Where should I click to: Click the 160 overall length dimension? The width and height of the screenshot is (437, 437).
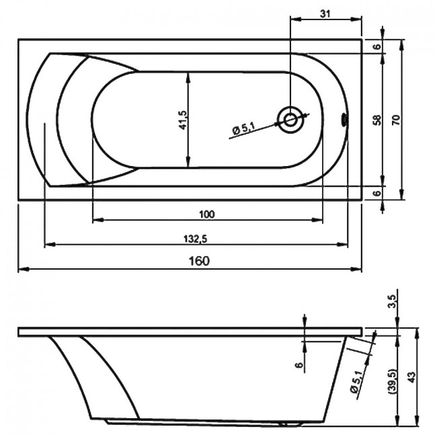tap(199, 261)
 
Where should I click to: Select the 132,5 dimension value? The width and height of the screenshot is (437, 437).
tap(196, 239)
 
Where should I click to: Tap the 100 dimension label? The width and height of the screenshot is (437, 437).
tap(207, 214)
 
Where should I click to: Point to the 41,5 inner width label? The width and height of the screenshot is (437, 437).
tap(183, 120)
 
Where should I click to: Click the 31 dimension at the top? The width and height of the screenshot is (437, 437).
tap(325, 13)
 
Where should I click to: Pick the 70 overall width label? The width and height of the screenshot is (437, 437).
tap(396, 120)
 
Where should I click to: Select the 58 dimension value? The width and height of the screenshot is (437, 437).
tap(377, 120)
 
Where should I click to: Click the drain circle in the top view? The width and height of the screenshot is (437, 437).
tap(291, 120)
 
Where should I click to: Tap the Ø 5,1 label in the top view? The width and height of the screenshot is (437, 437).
tap(243, 128)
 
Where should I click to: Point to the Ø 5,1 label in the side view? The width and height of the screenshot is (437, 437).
tap(356, 382)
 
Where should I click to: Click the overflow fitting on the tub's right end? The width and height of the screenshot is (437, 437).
tap(344, 120)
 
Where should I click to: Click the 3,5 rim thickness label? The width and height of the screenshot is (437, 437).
tap(392, 301)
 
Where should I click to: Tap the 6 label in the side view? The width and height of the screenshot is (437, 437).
tap(299, 365)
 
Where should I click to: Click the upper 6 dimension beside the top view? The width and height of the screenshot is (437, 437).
tap(376, 46)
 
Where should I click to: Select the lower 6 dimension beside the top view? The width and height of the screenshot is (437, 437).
tap(376, 193)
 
